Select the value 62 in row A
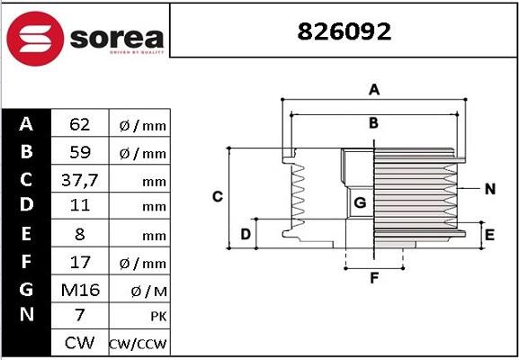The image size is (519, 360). pos(78,123)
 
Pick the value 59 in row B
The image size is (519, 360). pos(78,151)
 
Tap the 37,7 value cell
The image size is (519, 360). pos(78,179)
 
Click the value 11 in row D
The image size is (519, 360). pos(78,206)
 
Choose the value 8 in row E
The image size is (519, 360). pos(78,234)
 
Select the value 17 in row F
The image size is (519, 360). pos(78,262)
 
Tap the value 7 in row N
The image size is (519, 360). pos(78,316)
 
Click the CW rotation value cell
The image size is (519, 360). pos(78,343)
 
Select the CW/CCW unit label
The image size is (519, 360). pos(138,344)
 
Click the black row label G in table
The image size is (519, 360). pos(26,289)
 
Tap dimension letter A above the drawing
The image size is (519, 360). pos(374,89)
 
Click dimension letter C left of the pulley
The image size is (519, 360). pos(217,196)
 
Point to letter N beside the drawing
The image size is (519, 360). pos(489,189)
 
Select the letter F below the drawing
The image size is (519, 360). pos(374,279)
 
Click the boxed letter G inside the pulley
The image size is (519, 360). pos(359,202)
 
